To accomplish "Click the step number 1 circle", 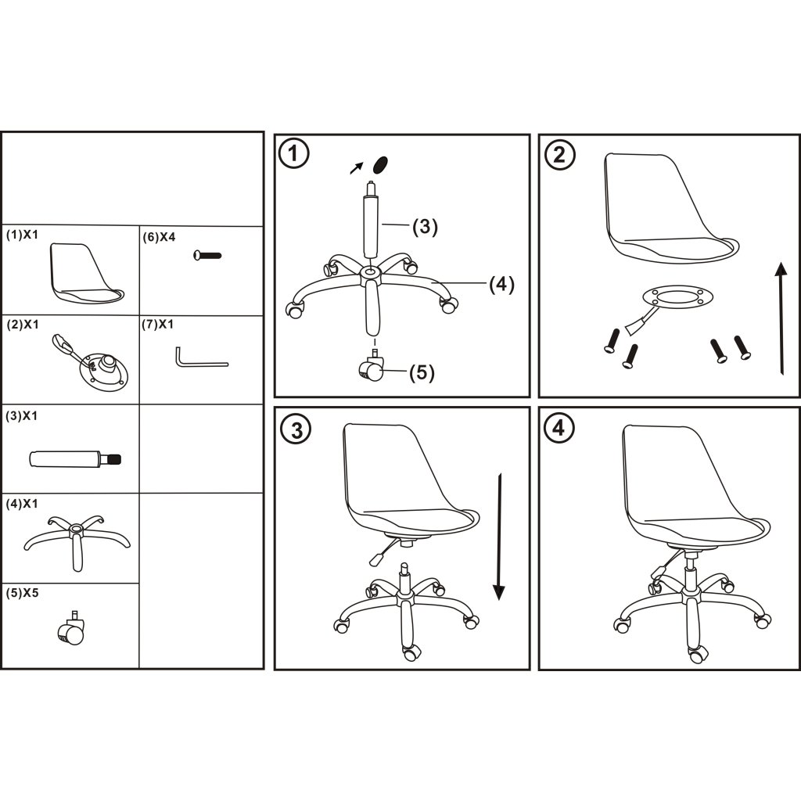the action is [294, 153].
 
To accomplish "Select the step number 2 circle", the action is [560, 154].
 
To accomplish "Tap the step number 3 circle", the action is [296, 429].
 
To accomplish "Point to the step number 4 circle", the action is [559, 427].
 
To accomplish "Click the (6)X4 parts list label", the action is [159, 237].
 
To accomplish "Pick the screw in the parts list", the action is [207, 254].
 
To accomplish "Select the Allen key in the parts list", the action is [202, 357].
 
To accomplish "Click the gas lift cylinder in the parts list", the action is [75, 458].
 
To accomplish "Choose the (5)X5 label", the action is [22, 593].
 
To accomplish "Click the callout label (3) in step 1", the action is [425, 226].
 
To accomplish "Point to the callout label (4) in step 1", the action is [501, 283].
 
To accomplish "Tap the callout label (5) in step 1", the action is [422, 372].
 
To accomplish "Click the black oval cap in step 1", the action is [381, 164].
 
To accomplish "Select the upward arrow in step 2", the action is [781, 318].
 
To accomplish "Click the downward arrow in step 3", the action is [499, 537].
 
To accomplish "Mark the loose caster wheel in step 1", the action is [371, 367].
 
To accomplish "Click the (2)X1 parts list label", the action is [23, 325].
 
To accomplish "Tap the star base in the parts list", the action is [77, 541].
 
